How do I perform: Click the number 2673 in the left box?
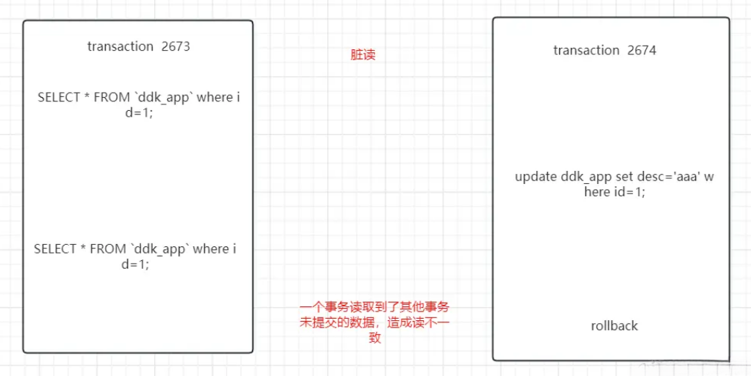point(176,46)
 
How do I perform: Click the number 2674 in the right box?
point(642,51)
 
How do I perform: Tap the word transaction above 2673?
point(120,46)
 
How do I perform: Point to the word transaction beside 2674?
point(586,51)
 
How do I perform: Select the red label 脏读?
point(362,54)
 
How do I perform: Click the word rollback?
point(614,326)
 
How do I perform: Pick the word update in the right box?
point(536,177)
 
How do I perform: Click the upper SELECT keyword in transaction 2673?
point(59,97)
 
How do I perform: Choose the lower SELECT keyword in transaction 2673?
point(55,249)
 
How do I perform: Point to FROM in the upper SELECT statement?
point(111,97)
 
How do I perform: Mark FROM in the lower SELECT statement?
point(107,249)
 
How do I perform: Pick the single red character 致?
point(375,338)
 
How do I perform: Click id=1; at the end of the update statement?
point(627,192)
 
